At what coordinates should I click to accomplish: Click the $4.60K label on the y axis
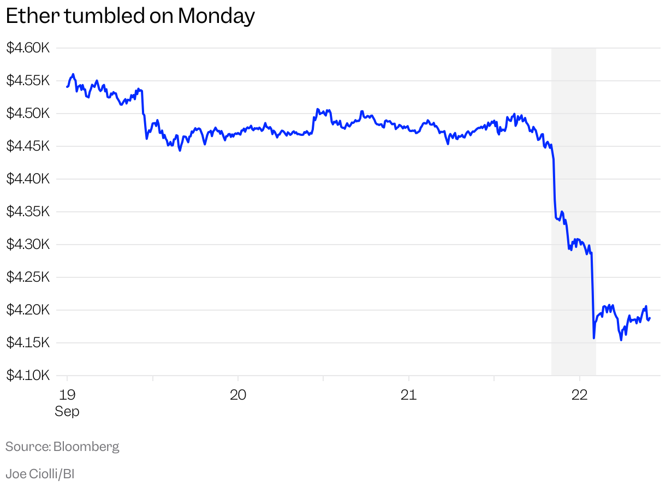tap(28, 48)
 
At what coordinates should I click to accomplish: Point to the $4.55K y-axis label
tap(28, 81)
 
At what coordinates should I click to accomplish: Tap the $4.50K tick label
tap(28, 114)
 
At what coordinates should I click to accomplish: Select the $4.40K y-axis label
tap(28, 179)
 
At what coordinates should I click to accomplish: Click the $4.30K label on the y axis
tap(28, 245)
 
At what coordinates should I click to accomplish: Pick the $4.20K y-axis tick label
tap(28, 310)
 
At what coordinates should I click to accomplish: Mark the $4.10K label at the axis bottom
tap(28, 376)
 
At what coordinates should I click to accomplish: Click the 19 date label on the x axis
tap(67, 394)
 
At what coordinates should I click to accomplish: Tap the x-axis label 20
tap(238, 394)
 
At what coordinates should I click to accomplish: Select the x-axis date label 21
tap(408, 394)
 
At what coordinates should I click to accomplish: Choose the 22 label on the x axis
tap(579, 394)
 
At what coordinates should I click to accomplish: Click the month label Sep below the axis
tap(67, 411)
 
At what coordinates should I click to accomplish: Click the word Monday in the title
tap(216, 16)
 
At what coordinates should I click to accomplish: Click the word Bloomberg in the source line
tap(86, 447)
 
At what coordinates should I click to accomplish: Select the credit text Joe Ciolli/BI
tap(40, 473)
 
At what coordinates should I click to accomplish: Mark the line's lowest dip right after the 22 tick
tap(593, 338)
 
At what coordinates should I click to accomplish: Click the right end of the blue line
tap(650, 318)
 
